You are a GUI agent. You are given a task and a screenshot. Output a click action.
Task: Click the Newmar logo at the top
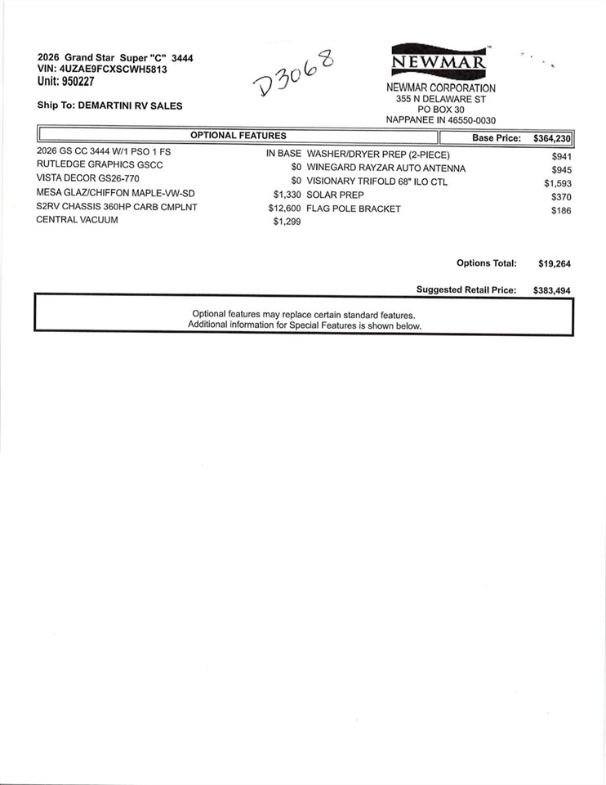[439, 61]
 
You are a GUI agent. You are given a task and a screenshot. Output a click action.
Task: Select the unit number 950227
[83, 81]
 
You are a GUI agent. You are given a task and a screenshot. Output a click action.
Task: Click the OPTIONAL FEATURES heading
[238, 136]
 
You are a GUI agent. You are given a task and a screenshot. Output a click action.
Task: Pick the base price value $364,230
[551, 139]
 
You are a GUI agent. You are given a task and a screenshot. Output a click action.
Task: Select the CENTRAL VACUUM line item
[77, 220]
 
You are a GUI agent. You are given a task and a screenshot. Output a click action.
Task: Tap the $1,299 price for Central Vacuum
[287, 222]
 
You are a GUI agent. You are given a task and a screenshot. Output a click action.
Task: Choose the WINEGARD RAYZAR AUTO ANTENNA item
[385, 168]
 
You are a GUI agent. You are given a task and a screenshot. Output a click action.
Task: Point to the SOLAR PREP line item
[335, 195]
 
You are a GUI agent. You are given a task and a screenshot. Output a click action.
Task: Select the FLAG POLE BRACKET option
[354, 208]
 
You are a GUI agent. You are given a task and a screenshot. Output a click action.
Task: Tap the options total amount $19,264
[554, 264]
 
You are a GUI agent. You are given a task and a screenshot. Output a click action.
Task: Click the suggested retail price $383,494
[550, 290]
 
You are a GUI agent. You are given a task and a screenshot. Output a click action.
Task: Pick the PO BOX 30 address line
[440, 109]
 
